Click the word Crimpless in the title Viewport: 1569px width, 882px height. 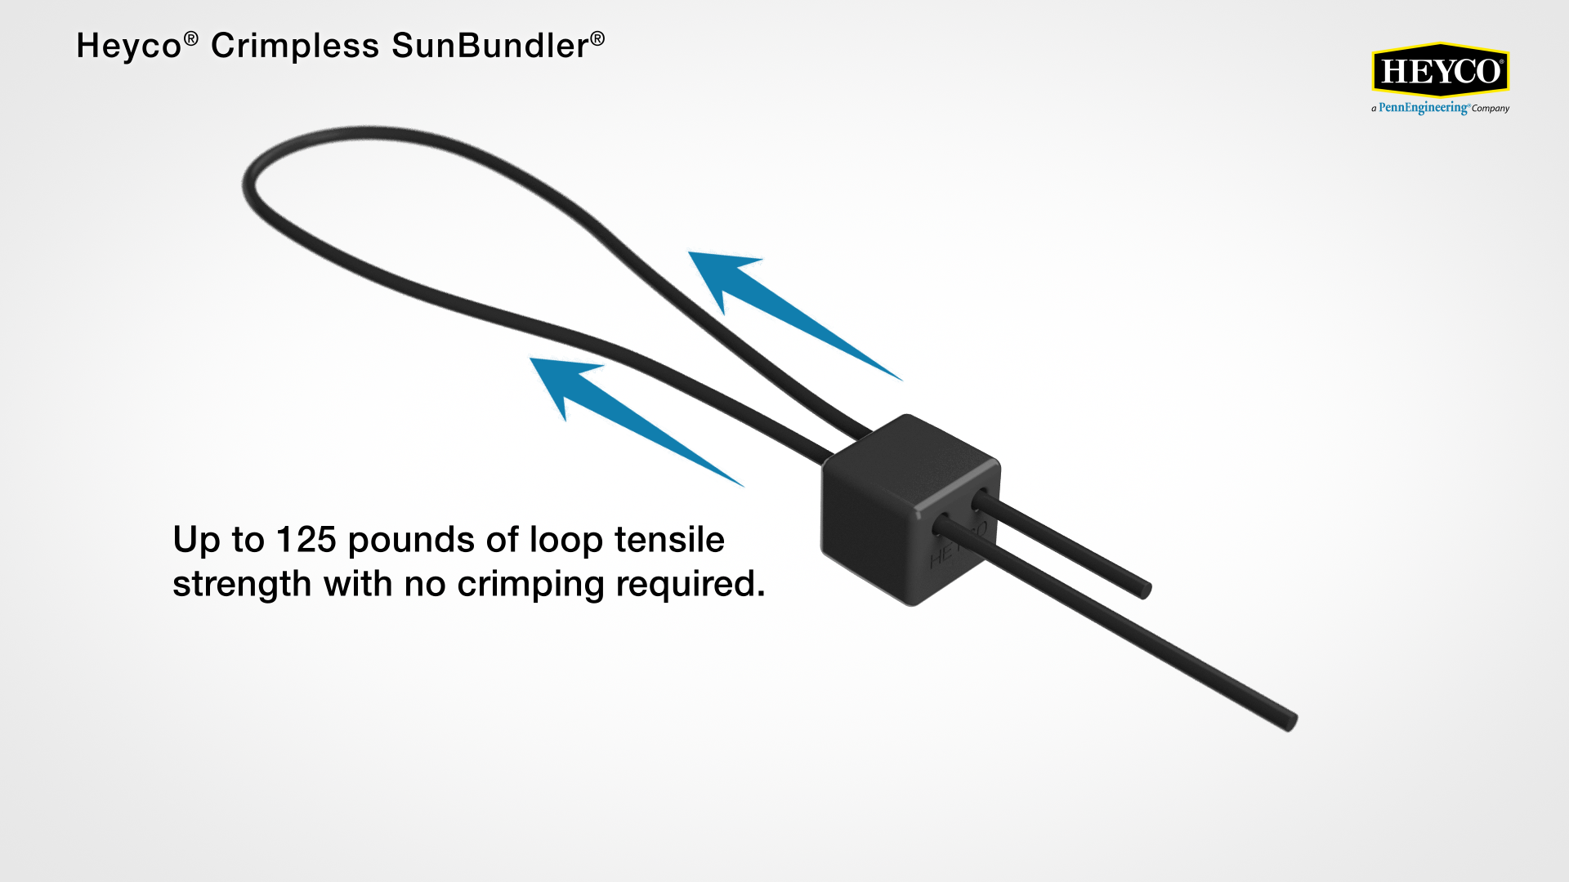[295, 46]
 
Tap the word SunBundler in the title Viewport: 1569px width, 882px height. [489, 46]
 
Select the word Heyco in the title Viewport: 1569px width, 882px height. [128, 47]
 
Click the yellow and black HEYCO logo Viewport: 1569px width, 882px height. [1440, 71]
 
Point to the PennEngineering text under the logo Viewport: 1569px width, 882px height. [1423, 108]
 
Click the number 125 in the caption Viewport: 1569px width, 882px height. [306, 540]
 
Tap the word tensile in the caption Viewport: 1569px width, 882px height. [669, 540]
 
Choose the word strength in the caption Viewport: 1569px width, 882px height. [242, 585]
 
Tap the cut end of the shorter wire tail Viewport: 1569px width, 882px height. [1146, 589]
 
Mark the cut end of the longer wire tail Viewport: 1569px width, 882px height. [1291, 722]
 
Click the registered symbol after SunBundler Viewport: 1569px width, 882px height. [598, 38]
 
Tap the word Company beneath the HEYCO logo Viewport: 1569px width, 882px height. [1491, 109]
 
